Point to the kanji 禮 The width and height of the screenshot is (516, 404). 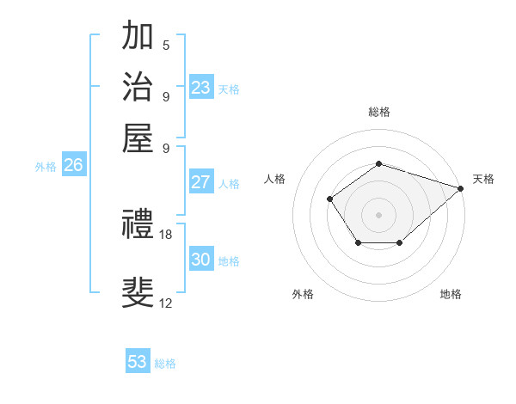(x=138, y=225)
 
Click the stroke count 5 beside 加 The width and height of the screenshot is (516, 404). (x=166, y=46)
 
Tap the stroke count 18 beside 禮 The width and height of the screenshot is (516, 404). (x=166, y=234)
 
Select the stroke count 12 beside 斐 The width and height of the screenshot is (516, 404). (x=166, y=303)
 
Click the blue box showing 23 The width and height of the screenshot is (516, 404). (x=201, y=88)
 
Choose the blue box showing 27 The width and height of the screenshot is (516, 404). (x=200, y=182)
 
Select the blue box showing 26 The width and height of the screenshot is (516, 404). (x=73, y=166)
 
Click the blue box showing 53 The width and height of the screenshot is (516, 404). (x=138, y=362)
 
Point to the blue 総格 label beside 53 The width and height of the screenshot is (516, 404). (x=165, y=364)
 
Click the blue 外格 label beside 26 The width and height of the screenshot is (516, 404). (x=46, y=168)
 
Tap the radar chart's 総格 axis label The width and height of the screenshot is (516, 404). (x=378, y=112)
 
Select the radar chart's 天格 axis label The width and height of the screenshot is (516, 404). (x=483, y=179)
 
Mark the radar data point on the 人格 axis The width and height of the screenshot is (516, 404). (x=330, y=199)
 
